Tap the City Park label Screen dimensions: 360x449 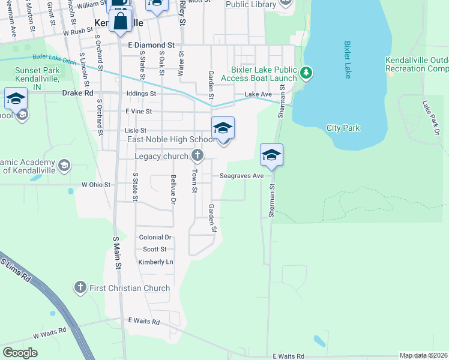tap(343, 128)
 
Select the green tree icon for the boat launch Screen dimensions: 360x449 tap(307, 73)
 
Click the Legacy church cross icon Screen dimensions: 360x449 tap(197, 157)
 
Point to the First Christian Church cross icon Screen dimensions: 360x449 tap(80, 288)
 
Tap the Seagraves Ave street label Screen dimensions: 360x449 tap(241, 176)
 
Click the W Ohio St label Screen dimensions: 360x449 tap(96, 185)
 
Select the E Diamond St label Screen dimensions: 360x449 tap(151, 45)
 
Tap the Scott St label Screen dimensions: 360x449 tap(154, 249)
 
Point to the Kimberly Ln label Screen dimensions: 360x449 tap(155, 262)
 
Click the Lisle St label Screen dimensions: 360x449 tap(135, 130)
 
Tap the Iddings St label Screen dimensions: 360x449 tap(142, 94)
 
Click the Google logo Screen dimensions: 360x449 tap(20, 353)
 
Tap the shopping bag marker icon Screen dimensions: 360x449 tap(121, 20)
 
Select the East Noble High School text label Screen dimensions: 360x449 tap(170, 140)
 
